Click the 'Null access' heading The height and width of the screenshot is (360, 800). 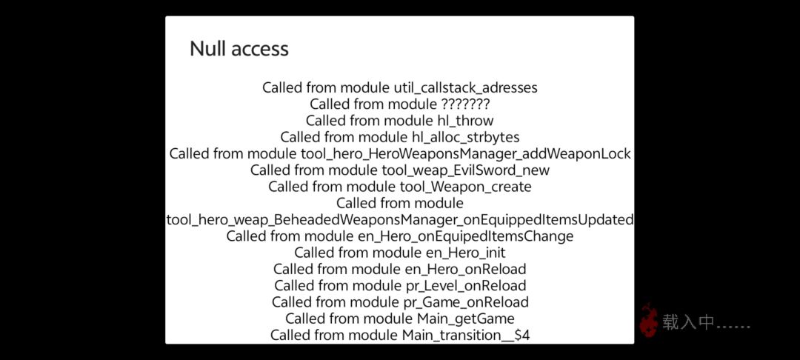[x=239, y=49]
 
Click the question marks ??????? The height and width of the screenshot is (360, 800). [x=461, y=104]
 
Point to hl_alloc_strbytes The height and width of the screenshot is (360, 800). [x=465, y=137]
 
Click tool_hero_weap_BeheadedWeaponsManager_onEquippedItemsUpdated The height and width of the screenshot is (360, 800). [x=400, y=220]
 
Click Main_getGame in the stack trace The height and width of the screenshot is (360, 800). [x=465, y=319]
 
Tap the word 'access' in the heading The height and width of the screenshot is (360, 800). [x=259, y=49]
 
